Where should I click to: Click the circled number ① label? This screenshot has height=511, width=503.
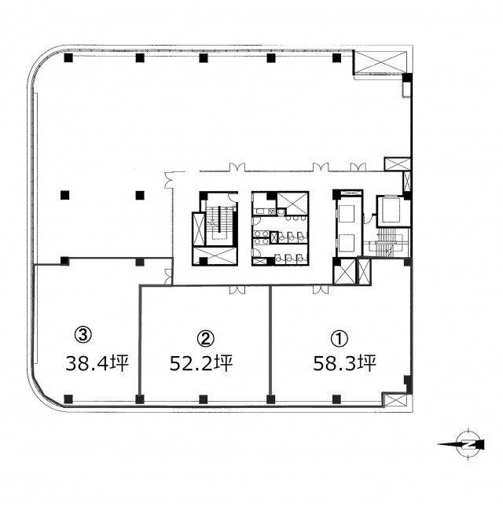[x=340, y=339]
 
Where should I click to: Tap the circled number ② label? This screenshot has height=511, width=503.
[x=206, y=339]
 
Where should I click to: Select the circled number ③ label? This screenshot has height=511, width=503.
[x=83, y=335]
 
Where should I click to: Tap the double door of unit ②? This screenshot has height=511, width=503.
[x=237, y=290]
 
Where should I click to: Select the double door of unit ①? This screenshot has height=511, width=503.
[x=321, y=289]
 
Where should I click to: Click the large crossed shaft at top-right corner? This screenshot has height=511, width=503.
[x=380, y=62]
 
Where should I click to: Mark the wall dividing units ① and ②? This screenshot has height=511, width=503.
[x=270, y=340]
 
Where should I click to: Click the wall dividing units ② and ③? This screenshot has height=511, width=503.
[x=140, y=340]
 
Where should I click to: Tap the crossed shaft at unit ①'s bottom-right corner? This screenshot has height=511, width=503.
[x=395, y=400]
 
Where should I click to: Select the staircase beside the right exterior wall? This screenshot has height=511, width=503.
[x=388, y=242]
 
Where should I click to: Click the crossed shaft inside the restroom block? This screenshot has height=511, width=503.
[x=292, y=204]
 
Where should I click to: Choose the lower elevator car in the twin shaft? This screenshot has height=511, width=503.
[x=347, y=243]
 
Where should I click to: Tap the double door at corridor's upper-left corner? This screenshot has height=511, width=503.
[x=169, y=180]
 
